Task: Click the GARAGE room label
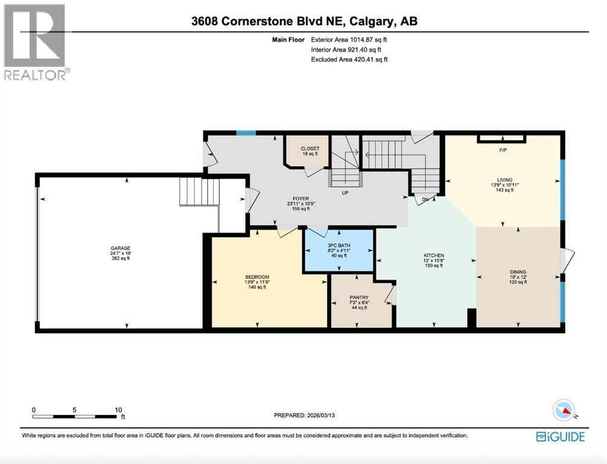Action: click(x=120, y=248)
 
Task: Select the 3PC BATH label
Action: click(x=339, y=245)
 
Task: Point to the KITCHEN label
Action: click(x=434, y=256)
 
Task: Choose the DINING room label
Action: click(x=518, y=272)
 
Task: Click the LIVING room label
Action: click(x=504, y=180)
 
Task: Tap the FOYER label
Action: click(x=298, y=198)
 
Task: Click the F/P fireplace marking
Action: click(x=502, y=150)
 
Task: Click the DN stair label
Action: click(x=425, y=199)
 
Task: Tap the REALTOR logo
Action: click(x=36, y=42)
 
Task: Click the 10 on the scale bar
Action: click(x=118, y=409)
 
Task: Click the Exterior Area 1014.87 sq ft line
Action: click(x=348, y=39)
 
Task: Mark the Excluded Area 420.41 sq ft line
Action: click(x=348, y=59)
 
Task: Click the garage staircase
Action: click(x=199, y=192)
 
